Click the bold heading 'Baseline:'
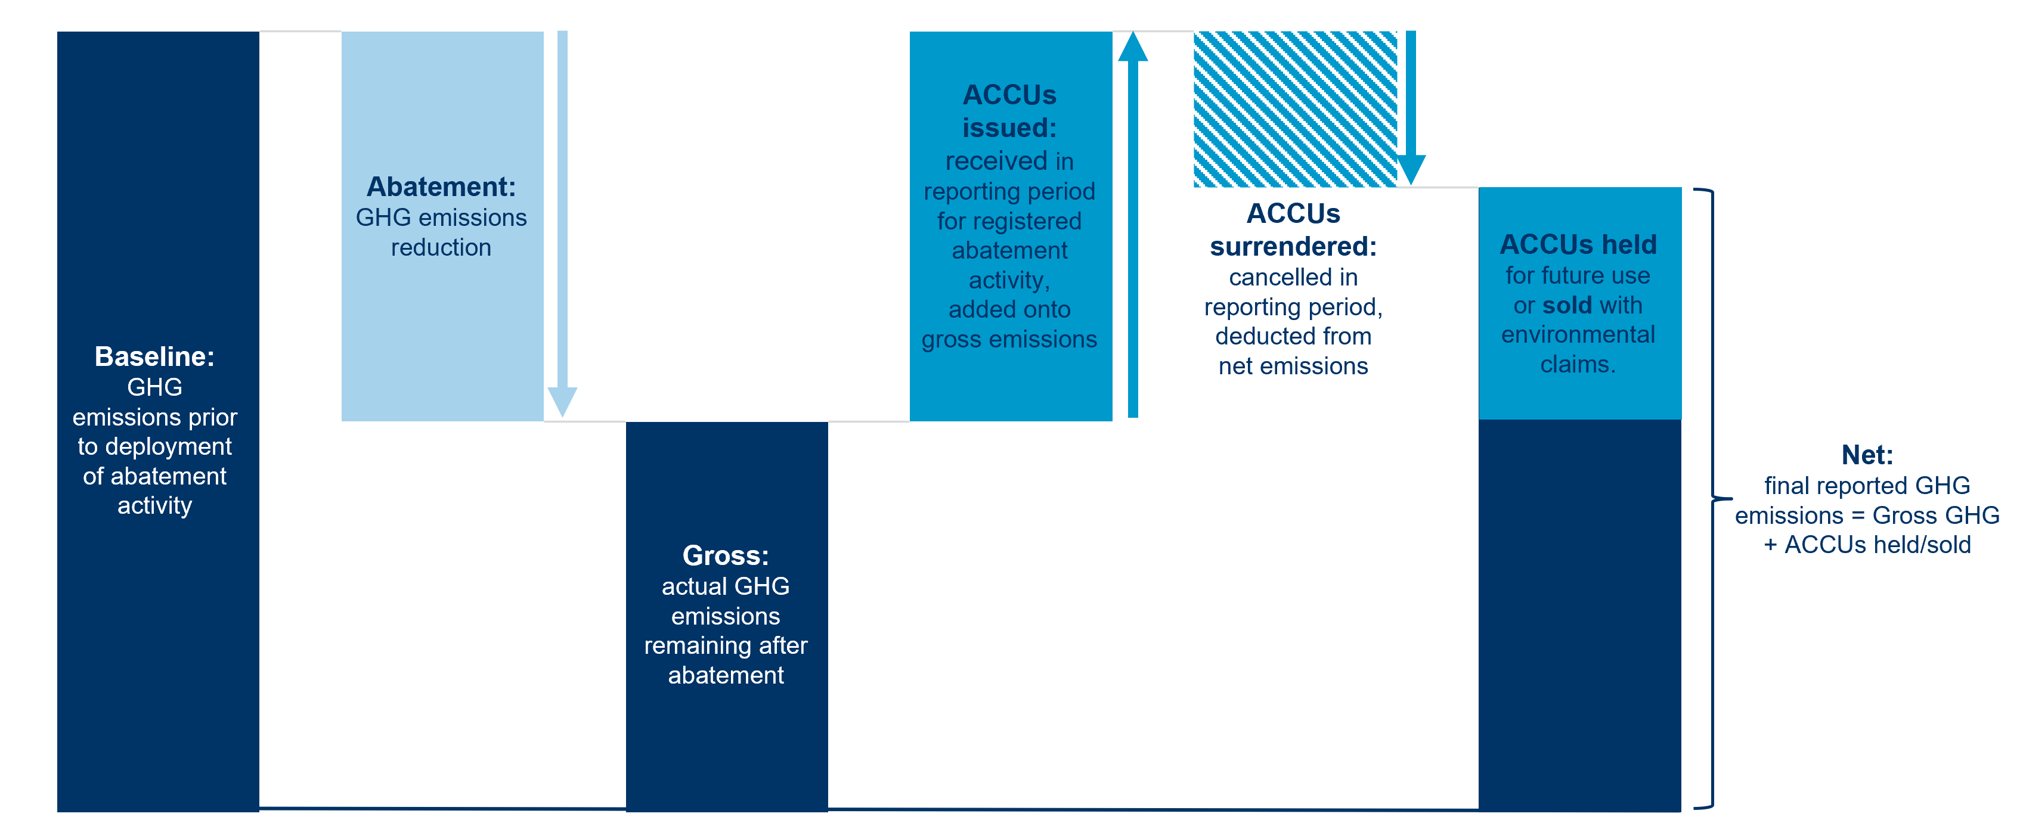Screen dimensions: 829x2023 coord(154,356)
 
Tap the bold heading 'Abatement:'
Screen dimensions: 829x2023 coord(441,187)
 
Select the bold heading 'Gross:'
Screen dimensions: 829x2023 coord(726,556)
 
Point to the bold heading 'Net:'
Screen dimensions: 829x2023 coord(1867,455)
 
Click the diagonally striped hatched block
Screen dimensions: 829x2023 coord(1295,109)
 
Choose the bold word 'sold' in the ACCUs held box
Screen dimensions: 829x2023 coord(1567,305)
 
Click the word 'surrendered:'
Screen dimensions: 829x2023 coord(1293,247)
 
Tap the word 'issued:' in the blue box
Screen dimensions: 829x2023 coord(1009,128)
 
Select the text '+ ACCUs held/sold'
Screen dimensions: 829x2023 coord(1867,545)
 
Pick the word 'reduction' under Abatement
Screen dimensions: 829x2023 coord(441,248)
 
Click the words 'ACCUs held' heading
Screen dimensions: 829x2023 coord(1578,245)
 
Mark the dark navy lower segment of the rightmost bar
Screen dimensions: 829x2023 coord(1579,612)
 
